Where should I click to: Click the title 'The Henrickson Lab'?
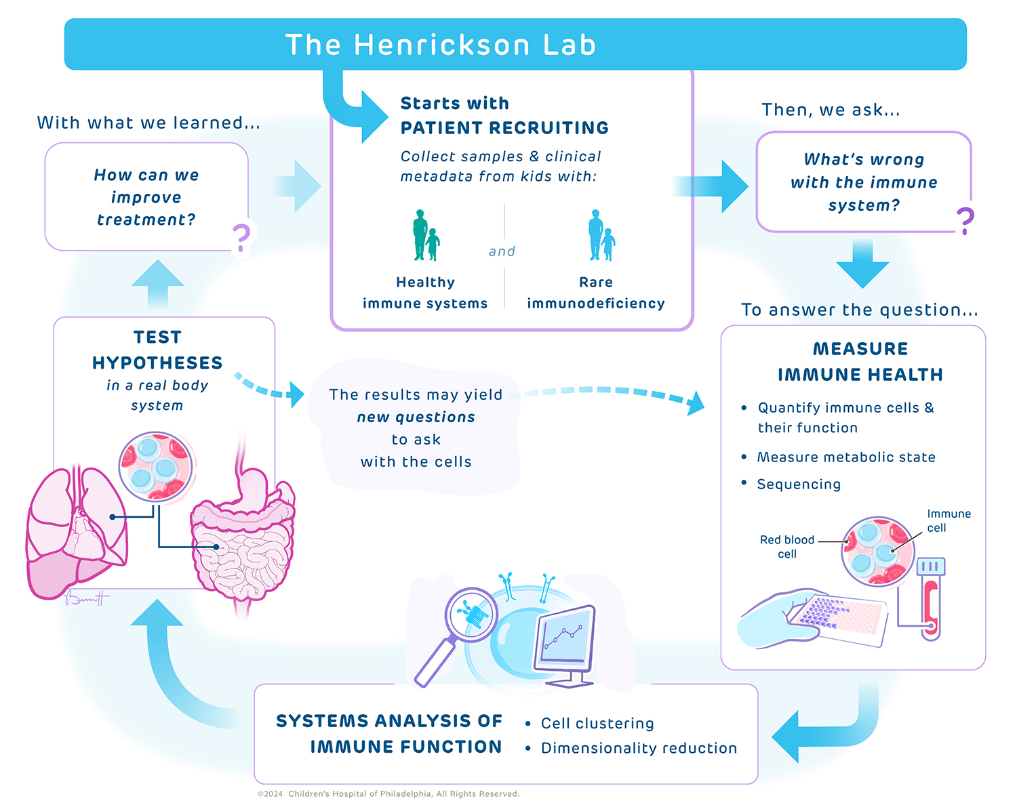point(440,45)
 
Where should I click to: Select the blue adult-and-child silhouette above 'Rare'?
point(601,236)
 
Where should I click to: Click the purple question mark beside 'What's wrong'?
point(965,221)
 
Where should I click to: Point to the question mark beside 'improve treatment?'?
point(241,237)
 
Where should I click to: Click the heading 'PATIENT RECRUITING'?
point(504,128)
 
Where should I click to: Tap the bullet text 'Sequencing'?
point(799,484)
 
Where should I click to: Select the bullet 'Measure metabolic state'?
point(845,457)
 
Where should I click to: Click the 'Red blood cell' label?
point(787,547)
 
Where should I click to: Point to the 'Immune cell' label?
point(948,520)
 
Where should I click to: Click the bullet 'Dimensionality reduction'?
point(639,749)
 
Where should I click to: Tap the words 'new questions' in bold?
point(416,417)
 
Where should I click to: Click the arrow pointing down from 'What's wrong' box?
point(862,264)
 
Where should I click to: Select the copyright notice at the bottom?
point(388,794)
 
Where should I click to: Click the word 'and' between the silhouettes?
point(502,251)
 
